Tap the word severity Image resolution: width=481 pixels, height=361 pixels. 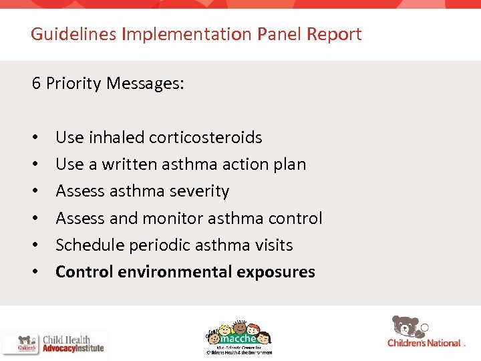[198, 191]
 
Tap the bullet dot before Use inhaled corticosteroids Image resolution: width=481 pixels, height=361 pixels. [34, 138]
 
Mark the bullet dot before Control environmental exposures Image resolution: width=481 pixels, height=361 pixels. [34, 273]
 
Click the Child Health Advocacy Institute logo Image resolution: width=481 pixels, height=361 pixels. [53, 343]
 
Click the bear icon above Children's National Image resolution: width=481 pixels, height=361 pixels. [408, 326]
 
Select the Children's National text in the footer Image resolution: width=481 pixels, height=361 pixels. [424, 344]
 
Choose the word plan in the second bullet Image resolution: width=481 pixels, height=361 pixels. [289, 164]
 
